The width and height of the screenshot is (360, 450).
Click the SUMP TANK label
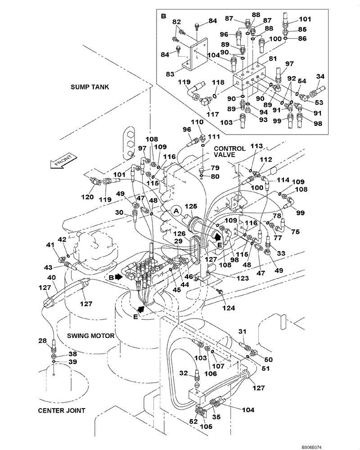[x=90, y=86]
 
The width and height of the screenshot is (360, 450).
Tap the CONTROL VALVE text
[x=229, y=152]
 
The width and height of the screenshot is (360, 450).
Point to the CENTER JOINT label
[x=62, y=410]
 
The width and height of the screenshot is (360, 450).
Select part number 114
[x=283, y=180]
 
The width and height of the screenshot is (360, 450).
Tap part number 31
[x=242, y=332]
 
